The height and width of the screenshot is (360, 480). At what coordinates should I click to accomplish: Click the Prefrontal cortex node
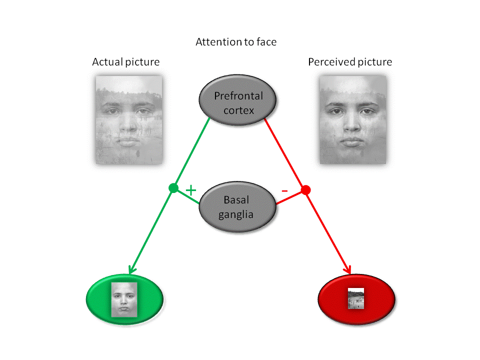point(238,102)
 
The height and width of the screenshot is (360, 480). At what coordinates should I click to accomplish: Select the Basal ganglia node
point(237,208)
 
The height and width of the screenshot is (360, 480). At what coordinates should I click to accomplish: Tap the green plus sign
point(190,190)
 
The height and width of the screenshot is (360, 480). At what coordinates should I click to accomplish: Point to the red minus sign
point(284,190)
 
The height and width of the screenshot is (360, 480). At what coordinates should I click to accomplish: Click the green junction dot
point(173,188)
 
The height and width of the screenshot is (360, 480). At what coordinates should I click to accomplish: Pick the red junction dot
point(306,190)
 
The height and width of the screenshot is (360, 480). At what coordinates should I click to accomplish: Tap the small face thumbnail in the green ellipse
point(124,299)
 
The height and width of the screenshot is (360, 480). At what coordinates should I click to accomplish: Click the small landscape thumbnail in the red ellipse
point(356,299)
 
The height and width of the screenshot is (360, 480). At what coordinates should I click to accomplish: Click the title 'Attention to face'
point(235,42)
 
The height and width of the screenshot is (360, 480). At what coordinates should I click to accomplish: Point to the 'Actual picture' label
point(126,62)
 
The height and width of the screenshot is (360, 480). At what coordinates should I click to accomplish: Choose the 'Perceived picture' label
point(350,62)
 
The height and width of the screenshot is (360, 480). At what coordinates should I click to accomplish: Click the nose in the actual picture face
point(129,123)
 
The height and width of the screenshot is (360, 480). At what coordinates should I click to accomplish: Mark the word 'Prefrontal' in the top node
point(238,96)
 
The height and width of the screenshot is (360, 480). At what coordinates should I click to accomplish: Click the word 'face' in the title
point(266,42)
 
